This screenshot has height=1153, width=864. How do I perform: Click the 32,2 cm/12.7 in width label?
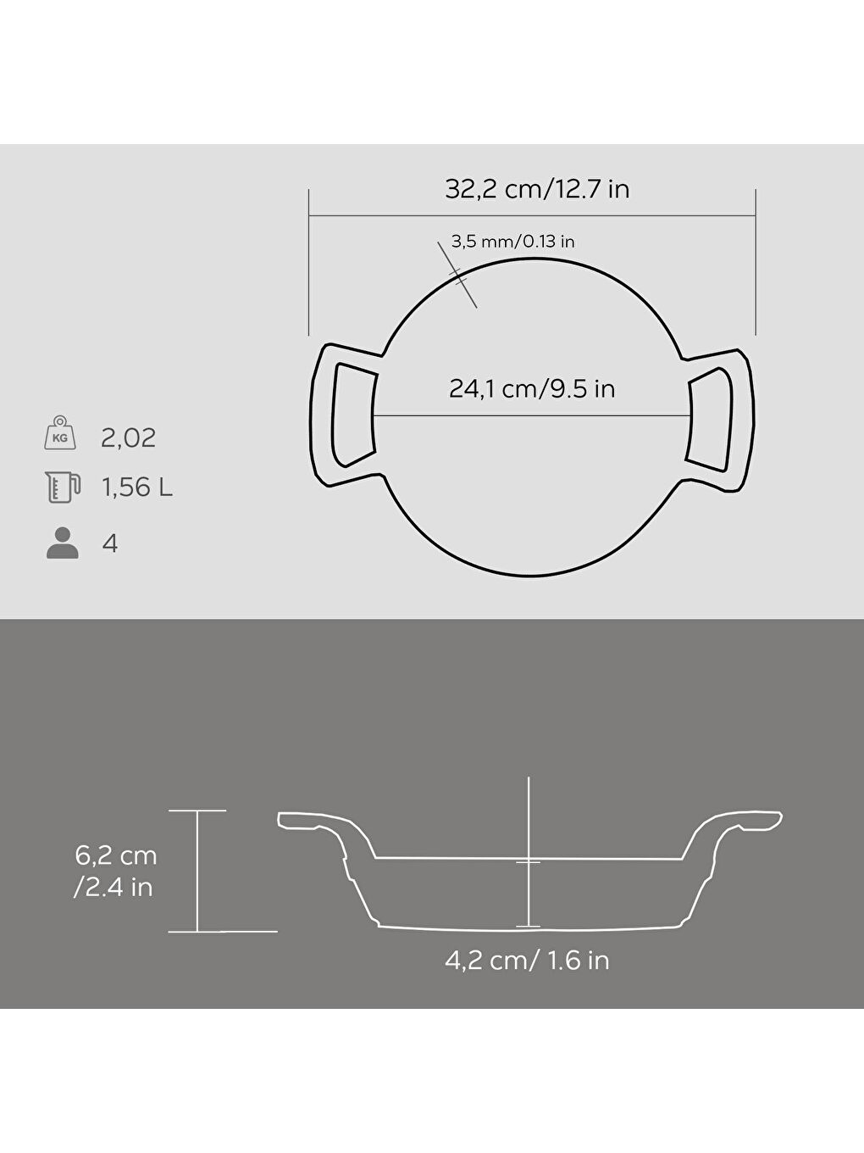537,188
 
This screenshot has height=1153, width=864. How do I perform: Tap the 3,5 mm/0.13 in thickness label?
513,242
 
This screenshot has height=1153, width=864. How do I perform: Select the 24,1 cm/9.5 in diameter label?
532,389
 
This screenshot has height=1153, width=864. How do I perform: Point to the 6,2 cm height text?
116,855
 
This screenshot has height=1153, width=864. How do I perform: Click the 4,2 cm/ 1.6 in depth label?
527,961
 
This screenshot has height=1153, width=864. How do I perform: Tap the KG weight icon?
61,434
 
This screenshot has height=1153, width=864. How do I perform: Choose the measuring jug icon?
62,487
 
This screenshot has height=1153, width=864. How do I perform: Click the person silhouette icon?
62,543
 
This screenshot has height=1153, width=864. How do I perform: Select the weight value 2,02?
128,438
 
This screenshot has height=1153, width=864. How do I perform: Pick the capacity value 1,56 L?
137,487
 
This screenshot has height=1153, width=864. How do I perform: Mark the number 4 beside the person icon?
109,543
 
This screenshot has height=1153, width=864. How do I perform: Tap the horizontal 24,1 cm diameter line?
531,415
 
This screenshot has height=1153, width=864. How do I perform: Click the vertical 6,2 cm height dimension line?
197,871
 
